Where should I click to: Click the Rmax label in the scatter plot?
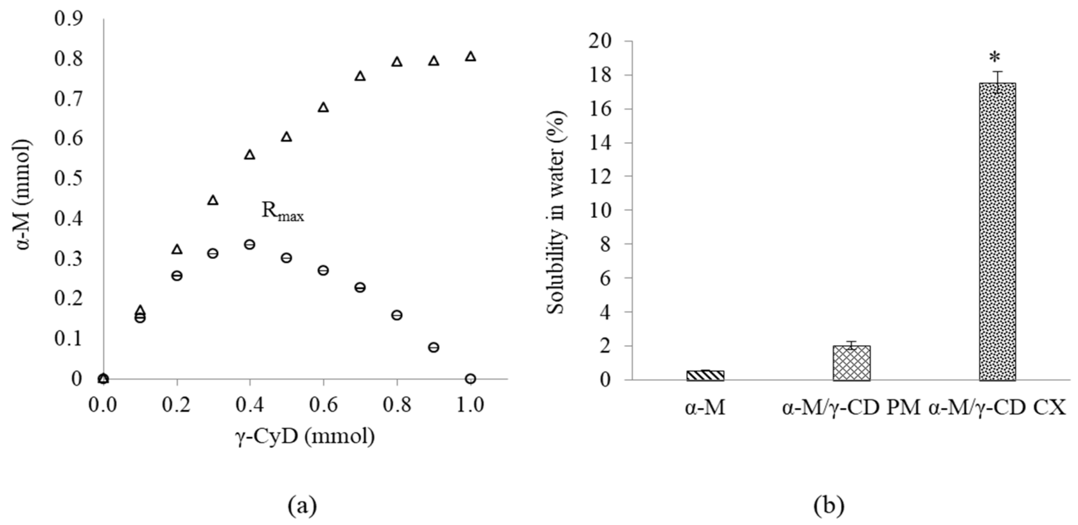pos(282,211)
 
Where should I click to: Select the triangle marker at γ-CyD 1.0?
pos(470,56)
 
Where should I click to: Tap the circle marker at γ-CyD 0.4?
pos(249,244)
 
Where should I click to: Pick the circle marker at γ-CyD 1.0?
pos(470,379)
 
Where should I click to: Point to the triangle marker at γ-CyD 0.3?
pos(213,200)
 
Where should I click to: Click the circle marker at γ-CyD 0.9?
pos(433,347)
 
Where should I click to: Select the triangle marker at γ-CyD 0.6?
pos(323,107)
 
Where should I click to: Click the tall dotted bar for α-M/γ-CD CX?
pos(997,231)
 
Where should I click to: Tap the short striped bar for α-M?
pos(705,375)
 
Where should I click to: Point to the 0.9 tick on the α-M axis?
pos(68,19)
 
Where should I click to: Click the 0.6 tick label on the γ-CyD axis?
pos(323,405)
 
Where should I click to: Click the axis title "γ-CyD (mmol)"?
pos(304,436)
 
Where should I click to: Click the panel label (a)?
pos(302,506)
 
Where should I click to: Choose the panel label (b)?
pos(829,506)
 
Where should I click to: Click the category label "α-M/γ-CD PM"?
pos(851,408)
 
